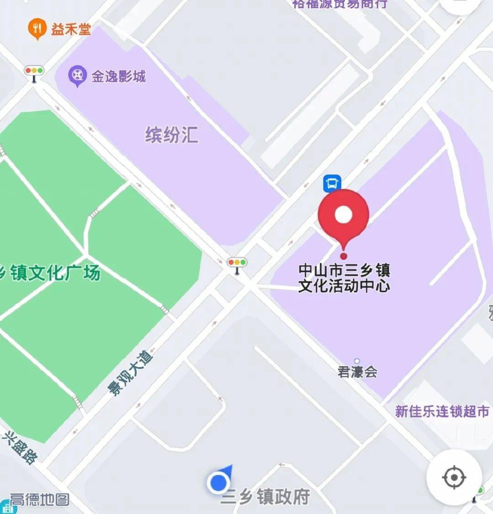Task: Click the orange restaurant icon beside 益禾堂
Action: [37, 29]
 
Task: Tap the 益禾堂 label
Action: [71, 30]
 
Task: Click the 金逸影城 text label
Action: [118, 76]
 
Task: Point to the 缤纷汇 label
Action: [172, 135]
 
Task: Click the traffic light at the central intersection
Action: [237, 264]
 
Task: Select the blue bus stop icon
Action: [332, 183]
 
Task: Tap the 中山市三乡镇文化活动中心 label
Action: [344, 278]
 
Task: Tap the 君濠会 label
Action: [357, 372]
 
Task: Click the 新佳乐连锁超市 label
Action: [442, 411]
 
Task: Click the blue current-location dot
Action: [219, 482]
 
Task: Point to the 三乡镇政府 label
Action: [265, 497]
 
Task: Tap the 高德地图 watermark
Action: [39, 499]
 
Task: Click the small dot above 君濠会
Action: [357, 362]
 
